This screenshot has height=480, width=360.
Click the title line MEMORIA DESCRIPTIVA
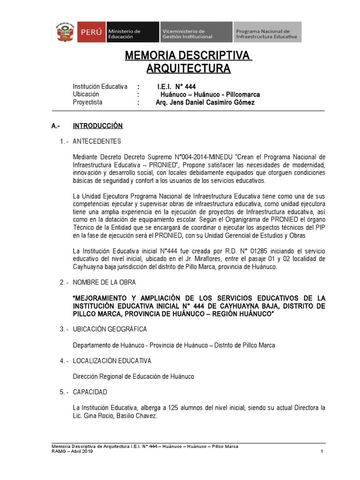pos(188,56)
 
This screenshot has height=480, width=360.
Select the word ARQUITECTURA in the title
pos(188,69)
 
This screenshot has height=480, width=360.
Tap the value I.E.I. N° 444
pos(176,87)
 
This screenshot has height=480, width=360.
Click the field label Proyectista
pos(88,102)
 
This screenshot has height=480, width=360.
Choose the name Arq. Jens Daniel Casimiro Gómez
pos(205,102)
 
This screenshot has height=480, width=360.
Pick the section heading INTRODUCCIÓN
pos(97,126)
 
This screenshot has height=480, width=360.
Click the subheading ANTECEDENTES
pos(97,141)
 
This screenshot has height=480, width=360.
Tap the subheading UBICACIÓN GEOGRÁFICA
pos(110,329)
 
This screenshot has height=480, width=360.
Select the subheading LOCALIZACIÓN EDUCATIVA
pos(112,360)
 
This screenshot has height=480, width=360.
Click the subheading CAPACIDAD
pos(90,391)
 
